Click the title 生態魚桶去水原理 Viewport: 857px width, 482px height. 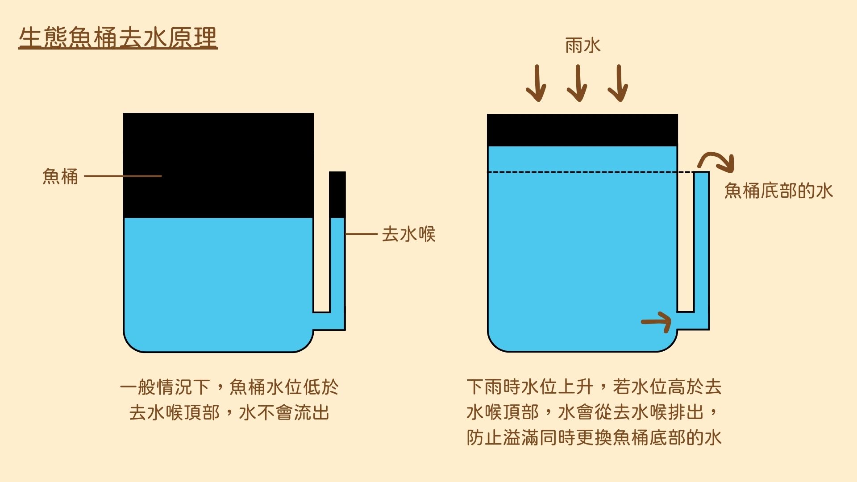pos(118,37)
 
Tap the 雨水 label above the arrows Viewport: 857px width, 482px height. pos(582,46)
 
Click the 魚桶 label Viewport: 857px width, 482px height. pos(60,176)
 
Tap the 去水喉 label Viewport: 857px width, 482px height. pos(408,234)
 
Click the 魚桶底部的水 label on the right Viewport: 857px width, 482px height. pos(778,191)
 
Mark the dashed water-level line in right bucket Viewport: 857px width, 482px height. pos(590,172)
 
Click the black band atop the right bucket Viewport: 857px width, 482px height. pos(582,130)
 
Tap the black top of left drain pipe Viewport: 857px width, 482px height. pos(337,195)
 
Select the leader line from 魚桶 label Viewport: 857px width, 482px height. pos(123,176)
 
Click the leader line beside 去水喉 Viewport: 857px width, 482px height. pos(362,234)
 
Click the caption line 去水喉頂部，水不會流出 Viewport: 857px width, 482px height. pos(229,412)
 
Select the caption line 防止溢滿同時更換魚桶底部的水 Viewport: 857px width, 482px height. pos(594,437)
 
